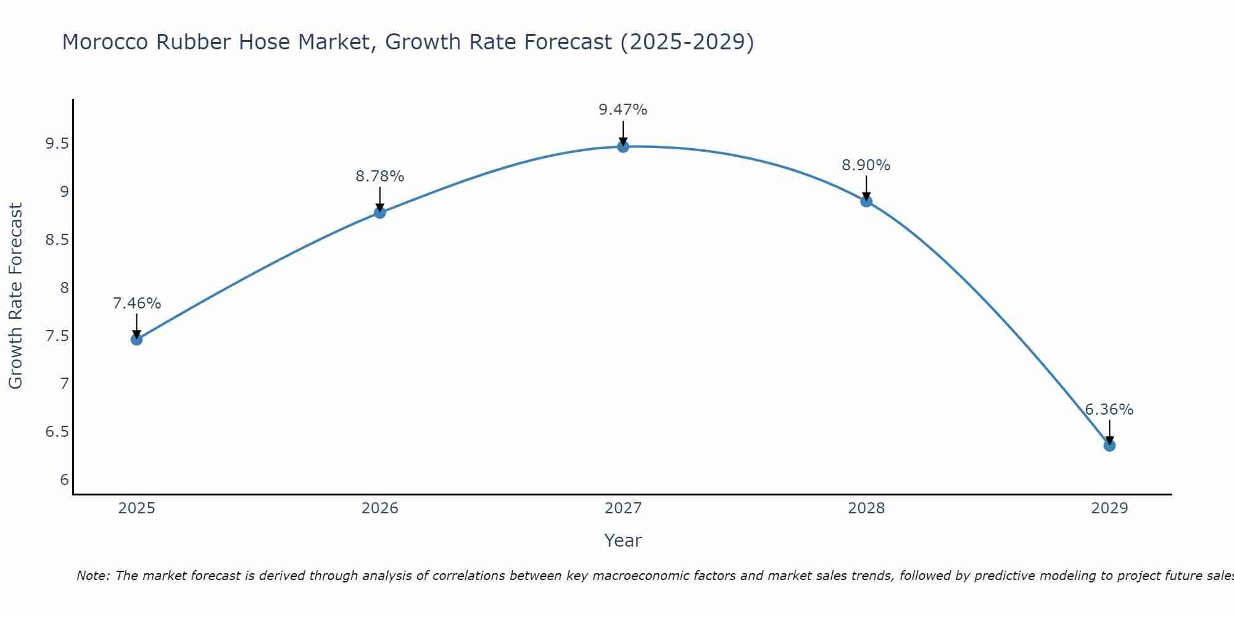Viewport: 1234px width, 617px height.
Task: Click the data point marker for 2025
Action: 136,339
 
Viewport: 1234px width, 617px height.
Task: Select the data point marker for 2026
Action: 380,213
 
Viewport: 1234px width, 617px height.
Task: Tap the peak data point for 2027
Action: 623,147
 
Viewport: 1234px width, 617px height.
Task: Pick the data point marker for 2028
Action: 866,201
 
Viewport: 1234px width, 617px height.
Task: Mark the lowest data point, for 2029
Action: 1109,445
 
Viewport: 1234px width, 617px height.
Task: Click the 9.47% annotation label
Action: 623,110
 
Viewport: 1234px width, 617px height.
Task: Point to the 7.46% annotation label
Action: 137,304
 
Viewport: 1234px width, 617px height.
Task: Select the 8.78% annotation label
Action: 380,176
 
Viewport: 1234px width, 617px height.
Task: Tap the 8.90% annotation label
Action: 866,165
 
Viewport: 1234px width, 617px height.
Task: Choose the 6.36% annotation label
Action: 1109,410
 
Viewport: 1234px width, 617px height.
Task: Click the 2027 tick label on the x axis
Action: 623,508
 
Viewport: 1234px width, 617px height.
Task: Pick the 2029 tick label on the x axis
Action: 1109,508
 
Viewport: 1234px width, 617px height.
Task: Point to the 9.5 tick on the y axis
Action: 57,144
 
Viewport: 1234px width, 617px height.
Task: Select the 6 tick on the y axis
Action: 64,480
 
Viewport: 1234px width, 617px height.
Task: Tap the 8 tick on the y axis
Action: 64,288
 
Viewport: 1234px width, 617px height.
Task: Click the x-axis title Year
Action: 623,540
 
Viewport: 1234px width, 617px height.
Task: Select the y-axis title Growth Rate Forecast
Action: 16,296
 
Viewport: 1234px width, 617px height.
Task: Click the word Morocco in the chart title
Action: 106,42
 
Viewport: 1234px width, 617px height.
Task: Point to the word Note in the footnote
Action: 93,576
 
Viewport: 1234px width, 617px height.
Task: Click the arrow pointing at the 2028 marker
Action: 866,188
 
